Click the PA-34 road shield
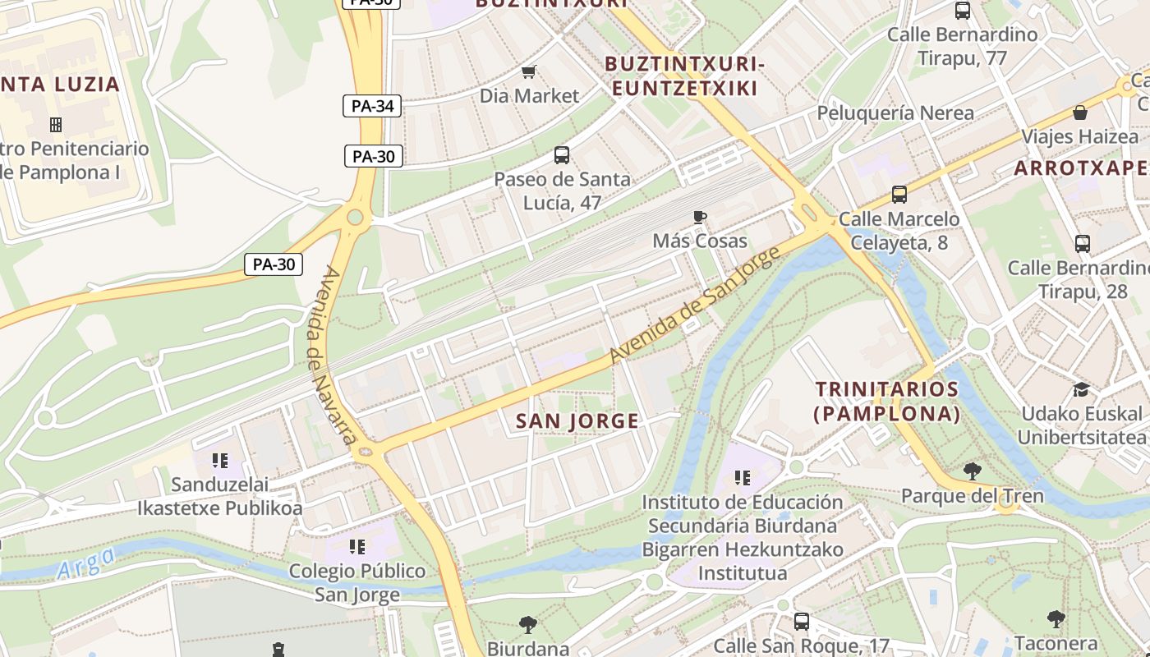coord(372,106)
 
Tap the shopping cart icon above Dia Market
coord(530,72)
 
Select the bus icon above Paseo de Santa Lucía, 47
coord(562,154)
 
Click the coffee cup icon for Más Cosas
coord(699,217)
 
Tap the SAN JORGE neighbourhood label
coord(577,421)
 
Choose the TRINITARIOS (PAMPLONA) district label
coord(886,401)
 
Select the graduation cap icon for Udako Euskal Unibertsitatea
coord(1081,389)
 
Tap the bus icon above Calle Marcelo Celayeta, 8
coord(899,195)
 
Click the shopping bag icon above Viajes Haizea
coord(1079,113)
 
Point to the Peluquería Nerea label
coord(895,113)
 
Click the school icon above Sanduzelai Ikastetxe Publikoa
coord(219,461)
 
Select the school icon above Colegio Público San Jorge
coord(356,546)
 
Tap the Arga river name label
coord(87,564)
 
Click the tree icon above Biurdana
coord(527,625)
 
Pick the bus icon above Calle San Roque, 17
coord(801,622)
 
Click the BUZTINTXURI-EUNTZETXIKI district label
coord(685,76)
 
